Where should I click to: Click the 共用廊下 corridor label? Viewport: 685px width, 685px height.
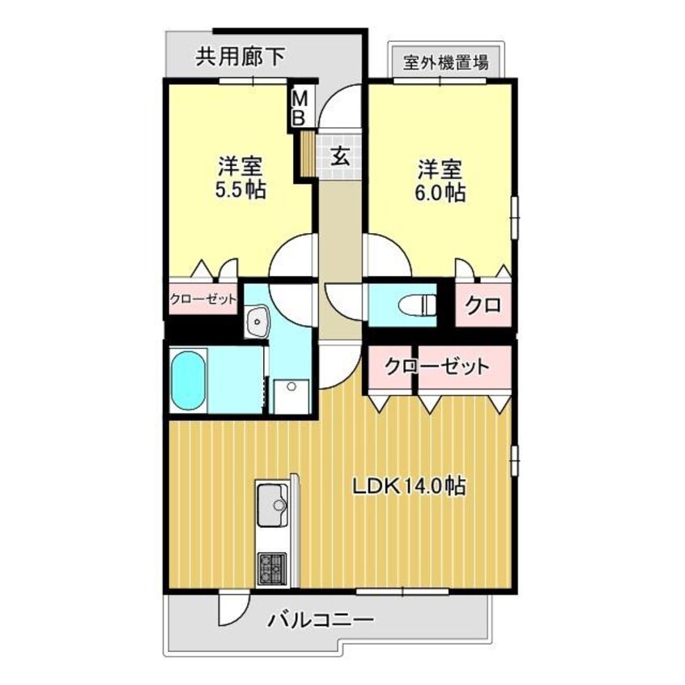pos(240,57)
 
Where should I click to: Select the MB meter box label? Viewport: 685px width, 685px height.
pos(299,107)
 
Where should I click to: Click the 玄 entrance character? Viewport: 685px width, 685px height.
pos(342,156)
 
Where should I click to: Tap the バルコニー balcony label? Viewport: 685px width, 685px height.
pos(321,622)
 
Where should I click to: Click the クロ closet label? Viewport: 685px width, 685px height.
pos(483,305)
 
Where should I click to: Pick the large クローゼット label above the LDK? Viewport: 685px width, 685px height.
pos(437,366)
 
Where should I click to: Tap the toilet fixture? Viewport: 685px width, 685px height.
pos(414,304)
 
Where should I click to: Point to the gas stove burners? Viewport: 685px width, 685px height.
pos(270,568)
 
